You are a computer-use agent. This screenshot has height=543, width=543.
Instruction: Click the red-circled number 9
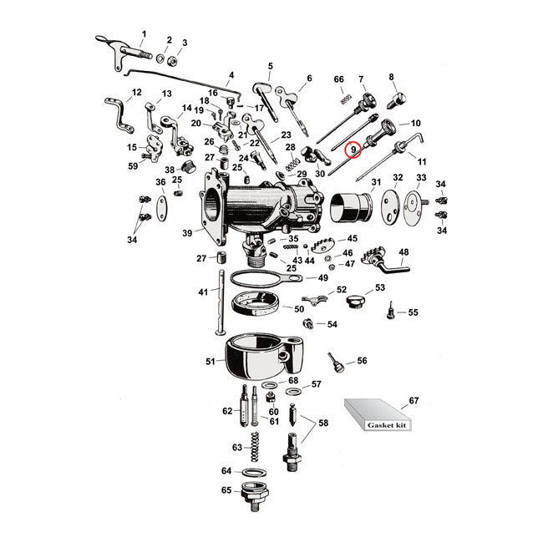click(353, 150)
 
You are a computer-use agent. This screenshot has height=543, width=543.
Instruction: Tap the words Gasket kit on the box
click(389, 425)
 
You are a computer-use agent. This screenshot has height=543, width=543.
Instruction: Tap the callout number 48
click(403, 251)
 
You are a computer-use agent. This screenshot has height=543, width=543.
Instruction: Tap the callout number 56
click(362, 361)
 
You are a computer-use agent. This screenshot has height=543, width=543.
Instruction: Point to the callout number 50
click(299, 309)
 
